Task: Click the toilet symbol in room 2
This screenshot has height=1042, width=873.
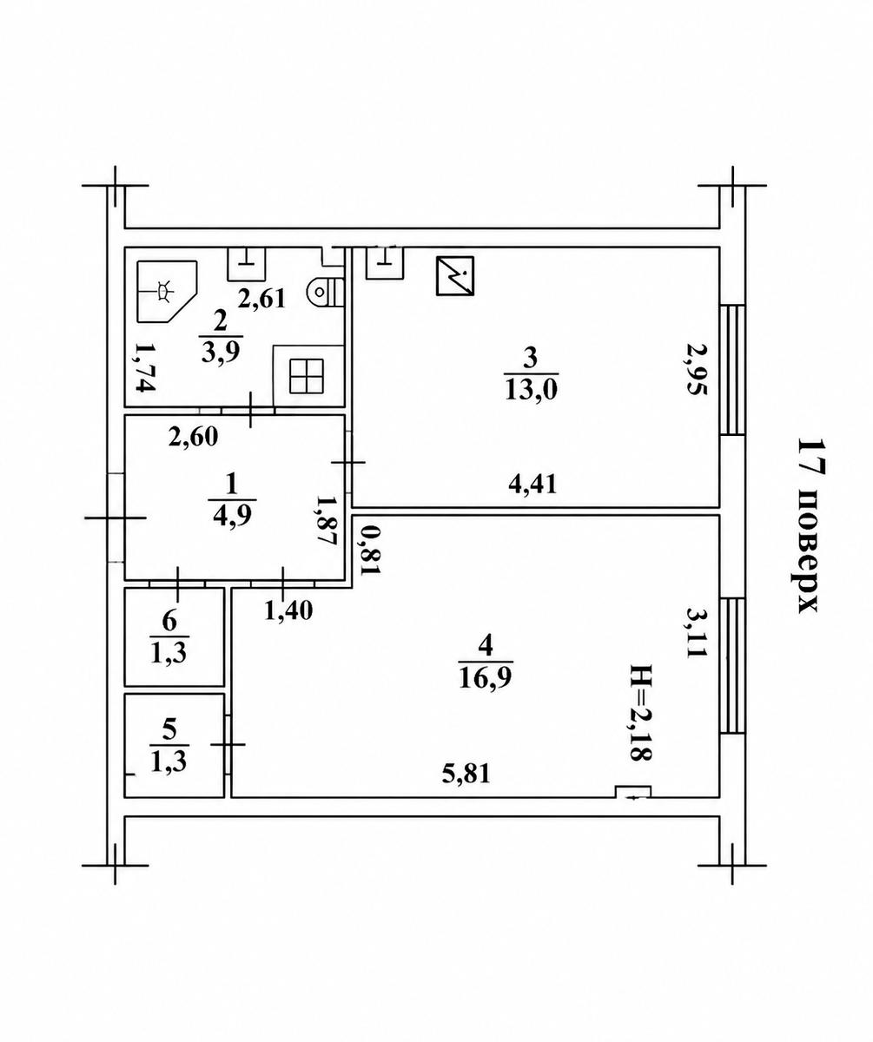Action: [x=326, y=291]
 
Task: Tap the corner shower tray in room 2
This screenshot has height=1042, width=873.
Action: [x=166, y=291]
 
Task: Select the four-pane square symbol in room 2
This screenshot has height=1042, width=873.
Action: [x=307, y=375]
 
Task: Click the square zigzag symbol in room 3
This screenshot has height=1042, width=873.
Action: [x=454, y=275]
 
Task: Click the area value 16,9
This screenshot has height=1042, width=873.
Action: [x=486, y=677]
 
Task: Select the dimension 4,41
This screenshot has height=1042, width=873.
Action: [x=532, y=484]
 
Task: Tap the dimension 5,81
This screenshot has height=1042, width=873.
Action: [x=466, y=774]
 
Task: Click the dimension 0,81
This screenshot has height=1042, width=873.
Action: [x=370, y=550]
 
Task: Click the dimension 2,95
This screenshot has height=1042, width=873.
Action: [x=696, y=368]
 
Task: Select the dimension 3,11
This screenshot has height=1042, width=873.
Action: [x=696, y=632]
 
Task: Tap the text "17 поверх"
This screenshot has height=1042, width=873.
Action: [x=808, y=525]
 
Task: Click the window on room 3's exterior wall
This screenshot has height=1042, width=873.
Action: [x=733, y=370]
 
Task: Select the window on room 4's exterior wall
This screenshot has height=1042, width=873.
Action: [x=733, y=665]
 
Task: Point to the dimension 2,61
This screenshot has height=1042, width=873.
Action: [x=261, y=299]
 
